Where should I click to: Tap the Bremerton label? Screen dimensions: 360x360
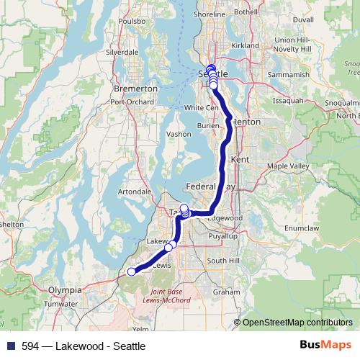[x=135, y=88]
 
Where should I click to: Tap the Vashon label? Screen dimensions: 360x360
[x=179, y=134]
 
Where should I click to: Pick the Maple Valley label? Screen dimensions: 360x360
[x=287, y=166]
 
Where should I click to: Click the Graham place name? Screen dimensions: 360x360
[x=226, y=292]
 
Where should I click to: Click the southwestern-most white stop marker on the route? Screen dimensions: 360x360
[x=131, y=271]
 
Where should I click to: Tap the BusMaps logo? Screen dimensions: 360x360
[x=325, y=346]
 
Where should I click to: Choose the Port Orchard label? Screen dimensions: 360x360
[x=133, y=102]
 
